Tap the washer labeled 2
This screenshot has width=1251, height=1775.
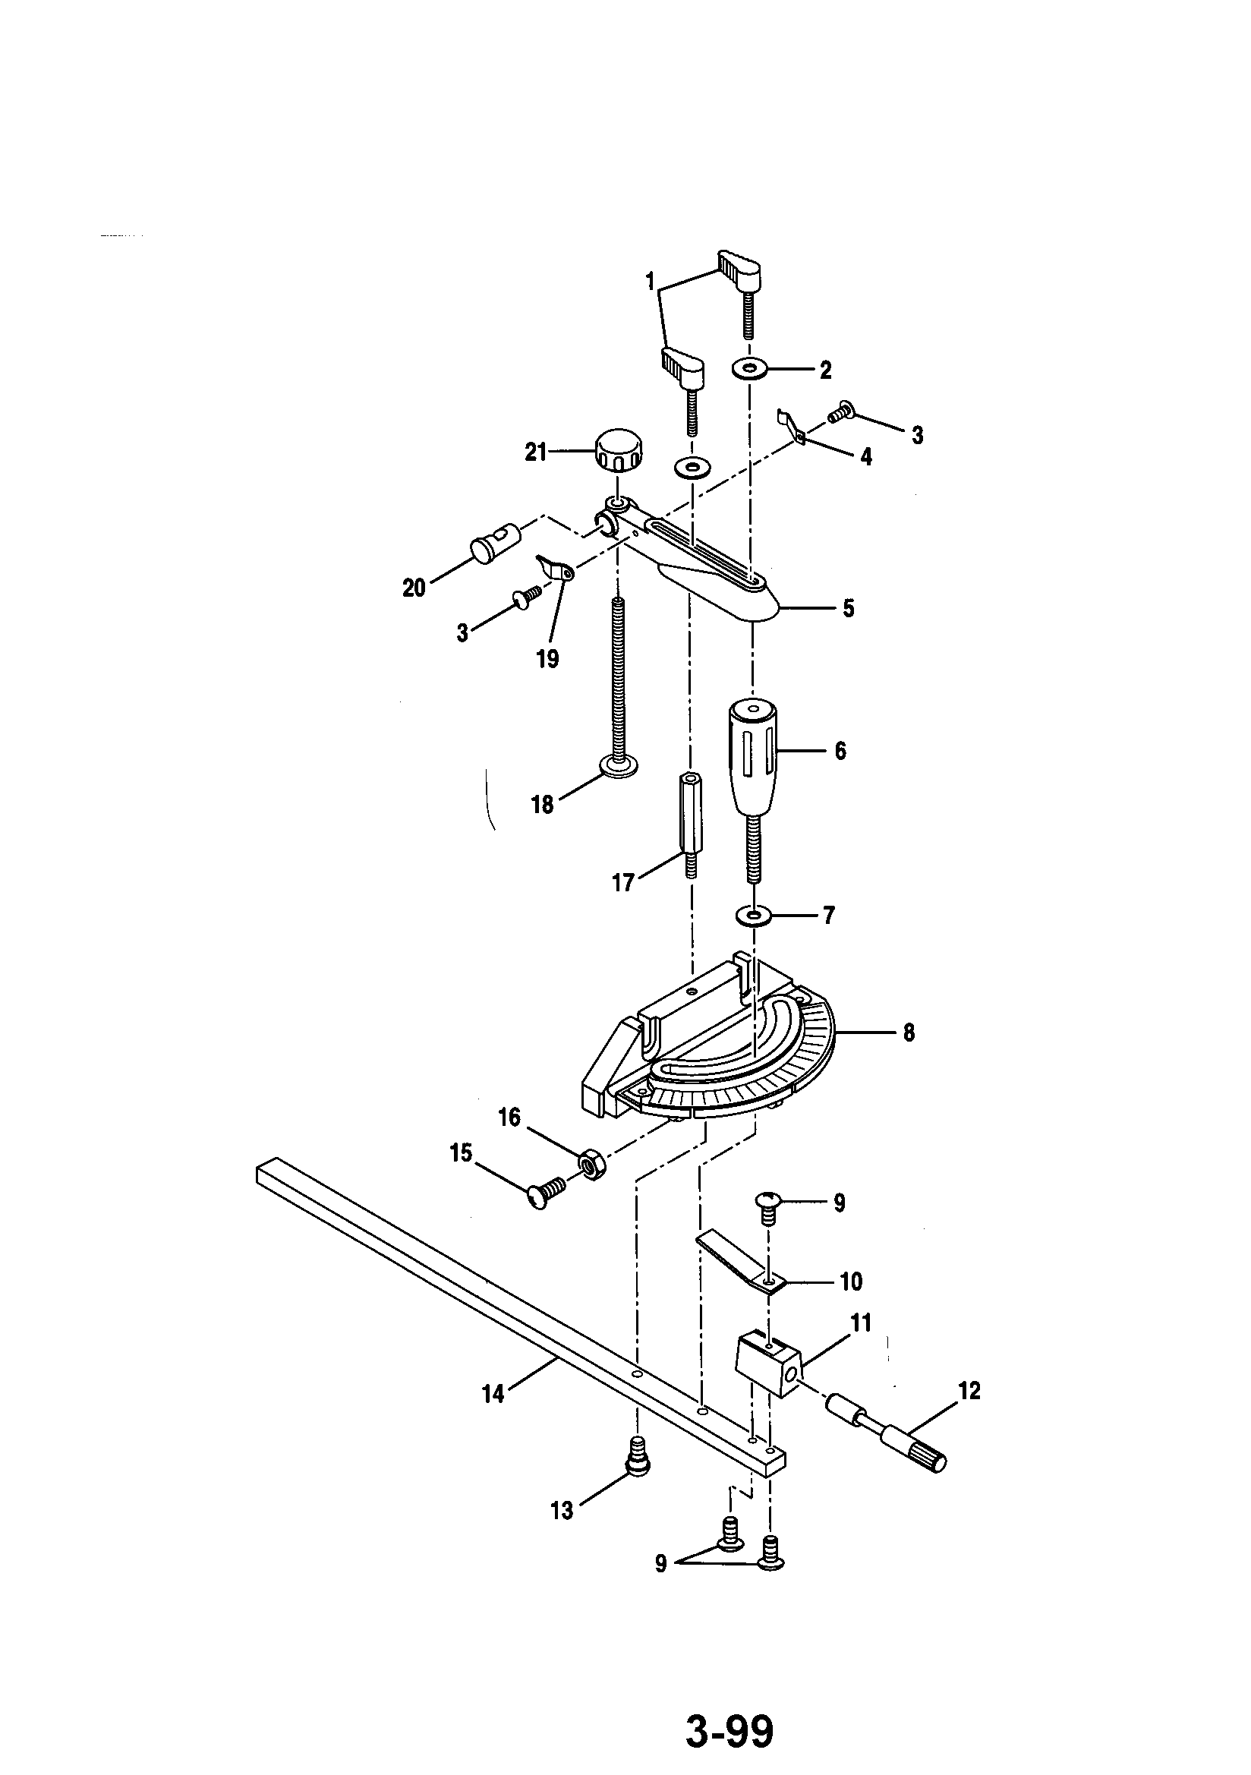[749, 370]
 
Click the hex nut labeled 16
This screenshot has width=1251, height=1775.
[591, 1161]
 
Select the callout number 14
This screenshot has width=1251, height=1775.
[493, 1394]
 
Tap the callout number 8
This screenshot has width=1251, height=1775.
[909, 1032]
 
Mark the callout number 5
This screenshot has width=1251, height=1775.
[848, 609]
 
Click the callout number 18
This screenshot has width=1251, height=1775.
[542, 805]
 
